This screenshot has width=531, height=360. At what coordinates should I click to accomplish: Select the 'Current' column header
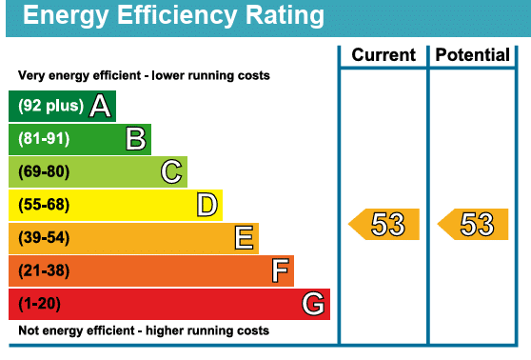[383, 55]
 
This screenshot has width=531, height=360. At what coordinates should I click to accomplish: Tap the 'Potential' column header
[472, 55]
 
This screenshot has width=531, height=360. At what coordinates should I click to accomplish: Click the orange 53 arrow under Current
[384, 225]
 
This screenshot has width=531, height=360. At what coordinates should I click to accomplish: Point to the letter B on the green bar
[136, 140]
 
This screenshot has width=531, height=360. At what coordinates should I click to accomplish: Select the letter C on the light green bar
[171, 172]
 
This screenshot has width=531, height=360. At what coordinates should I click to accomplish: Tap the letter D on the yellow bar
[206, 205]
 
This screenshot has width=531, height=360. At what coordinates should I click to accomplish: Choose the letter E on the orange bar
[244, 238]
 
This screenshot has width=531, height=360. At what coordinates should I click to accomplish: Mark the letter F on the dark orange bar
[280, 271]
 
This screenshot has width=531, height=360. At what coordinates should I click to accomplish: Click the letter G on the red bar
[313, 305]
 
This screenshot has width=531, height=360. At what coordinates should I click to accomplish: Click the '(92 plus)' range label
[50, 107]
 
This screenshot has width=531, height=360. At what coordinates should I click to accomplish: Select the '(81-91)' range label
[44, 140]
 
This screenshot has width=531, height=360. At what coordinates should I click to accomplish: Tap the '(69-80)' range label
[44, 172]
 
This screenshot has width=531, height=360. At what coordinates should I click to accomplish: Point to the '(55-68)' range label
[44, 205]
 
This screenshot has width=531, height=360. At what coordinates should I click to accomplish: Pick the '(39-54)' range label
[44, 238]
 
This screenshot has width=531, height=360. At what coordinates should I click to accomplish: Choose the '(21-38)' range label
[44, 271]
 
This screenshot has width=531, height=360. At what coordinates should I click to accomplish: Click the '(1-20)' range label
[41, 305]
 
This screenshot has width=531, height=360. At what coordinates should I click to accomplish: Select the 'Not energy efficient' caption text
[144, 331]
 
